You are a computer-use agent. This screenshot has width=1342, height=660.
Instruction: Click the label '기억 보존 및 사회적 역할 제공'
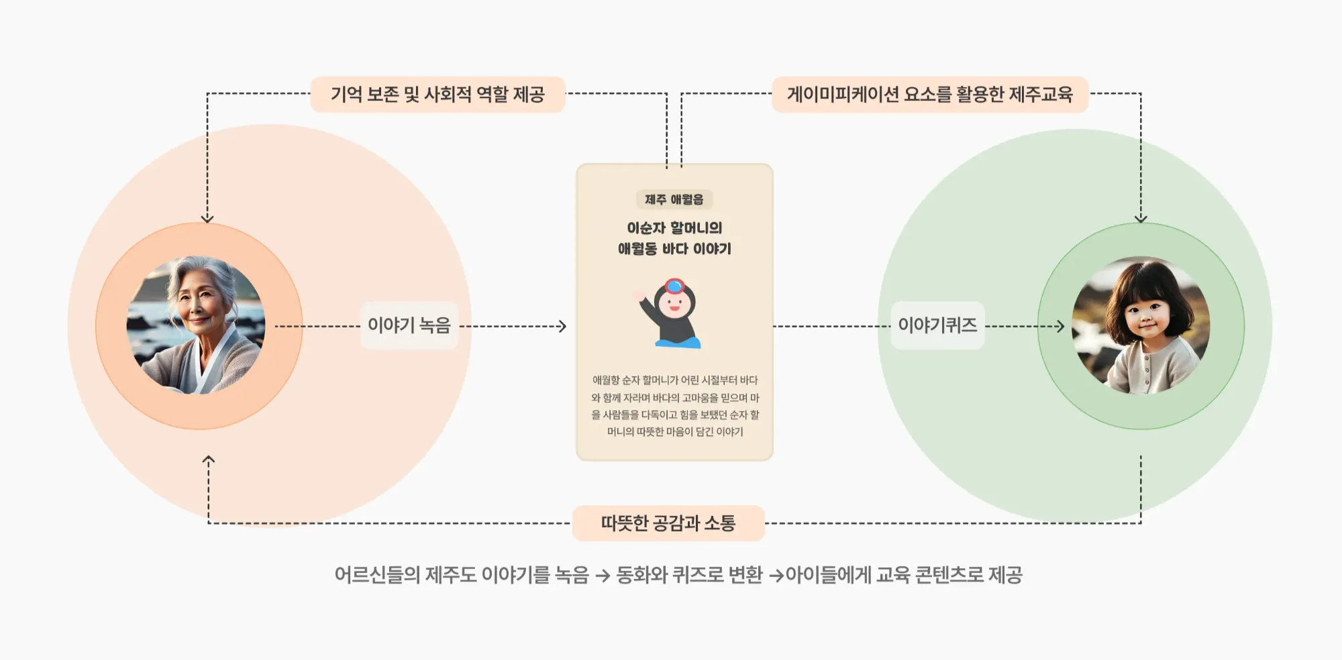click(x=437, y=95)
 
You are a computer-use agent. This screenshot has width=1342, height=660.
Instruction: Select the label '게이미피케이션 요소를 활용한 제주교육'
click(x=929, y=95)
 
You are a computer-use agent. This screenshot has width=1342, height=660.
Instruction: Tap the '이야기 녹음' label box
click(x=409, y=326)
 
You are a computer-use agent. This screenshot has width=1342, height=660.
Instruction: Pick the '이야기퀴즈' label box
click(x=937, y=326)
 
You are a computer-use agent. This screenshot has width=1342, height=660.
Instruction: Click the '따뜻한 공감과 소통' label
click(x=668, y=523)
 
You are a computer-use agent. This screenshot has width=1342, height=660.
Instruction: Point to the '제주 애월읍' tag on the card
click(x=674, y=200)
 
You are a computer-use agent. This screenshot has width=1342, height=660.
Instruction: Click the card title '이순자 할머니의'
click(x=674, y=228)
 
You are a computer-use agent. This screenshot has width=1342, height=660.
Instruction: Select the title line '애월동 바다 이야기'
click(x=674, y=249)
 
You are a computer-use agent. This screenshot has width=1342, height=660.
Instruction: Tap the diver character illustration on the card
click(x=671, y=314)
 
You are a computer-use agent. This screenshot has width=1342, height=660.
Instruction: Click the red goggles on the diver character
click(x=674, y=286)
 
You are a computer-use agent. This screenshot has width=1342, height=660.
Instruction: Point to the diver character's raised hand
click(x=638, y=295)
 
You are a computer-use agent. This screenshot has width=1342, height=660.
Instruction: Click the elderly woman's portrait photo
click(x=196, y=325)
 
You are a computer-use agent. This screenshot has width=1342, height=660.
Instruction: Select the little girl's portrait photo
click(x=1141, y=325)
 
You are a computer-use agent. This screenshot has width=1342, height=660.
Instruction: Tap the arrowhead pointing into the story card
click(x=562, y=327)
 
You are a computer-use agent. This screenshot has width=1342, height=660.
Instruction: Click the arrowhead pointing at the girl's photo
click(x=1060, y=327)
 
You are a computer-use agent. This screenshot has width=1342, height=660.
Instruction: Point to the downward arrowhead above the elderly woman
click(x=207, y=218)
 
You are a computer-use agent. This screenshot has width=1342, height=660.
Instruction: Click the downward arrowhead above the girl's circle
click(x=1141, y=218)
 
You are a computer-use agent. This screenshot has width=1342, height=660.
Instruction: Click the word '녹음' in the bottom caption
click(x=572, y=575)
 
